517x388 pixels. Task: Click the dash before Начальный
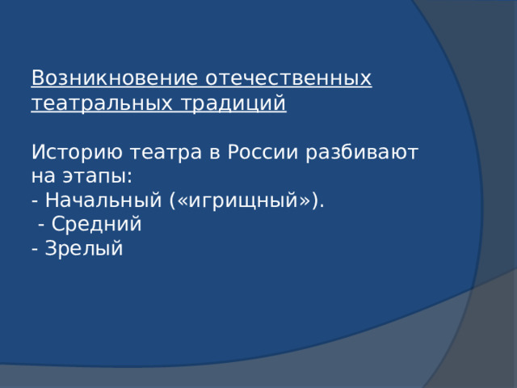(x=35, y=201)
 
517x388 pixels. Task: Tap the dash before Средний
(x=41, y=226)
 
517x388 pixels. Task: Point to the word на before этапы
(x=42, y=176)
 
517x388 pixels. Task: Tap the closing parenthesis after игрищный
(x=315, y=200)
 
